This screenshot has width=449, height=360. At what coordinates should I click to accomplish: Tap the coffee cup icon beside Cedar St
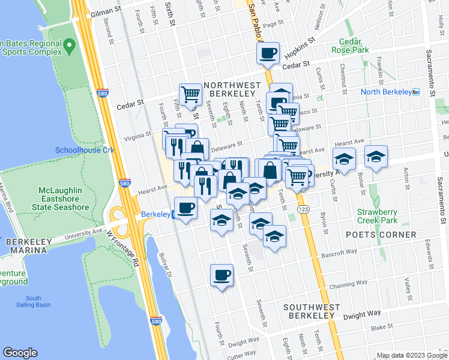[268, 53]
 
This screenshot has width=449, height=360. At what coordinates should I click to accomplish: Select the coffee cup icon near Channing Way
[221, 275]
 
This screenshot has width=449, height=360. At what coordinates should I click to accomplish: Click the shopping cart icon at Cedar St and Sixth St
[190, 94]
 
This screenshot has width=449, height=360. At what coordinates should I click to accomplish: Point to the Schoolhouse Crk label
[85, 150]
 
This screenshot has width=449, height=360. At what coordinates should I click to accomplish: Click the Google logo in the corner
[20, 353]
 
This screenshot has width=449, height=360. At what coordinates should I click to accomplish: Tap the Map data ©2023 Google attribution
[409, 355]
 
